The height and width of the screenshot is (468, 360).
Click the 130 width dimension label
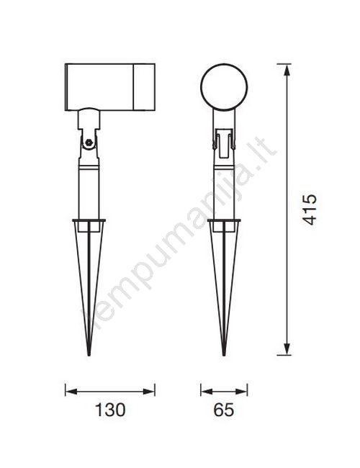110,410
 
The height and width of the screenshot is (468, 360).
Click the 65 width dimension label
224,410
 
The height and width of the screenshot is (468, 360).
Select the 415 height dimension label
310,210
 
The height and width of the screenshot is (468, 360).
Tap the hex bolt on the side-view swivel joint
89,143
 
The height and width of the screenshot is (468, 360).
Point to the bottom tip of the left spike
89,355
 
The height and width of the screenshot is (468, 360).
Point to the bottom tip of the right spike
224,355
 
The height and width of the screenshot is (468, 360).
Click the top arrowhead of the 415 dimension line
287,71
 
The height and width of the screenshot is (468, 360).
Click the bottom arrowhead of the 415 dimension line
287,348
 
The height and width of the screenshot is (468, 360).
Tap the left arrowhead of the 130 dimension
72,391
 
